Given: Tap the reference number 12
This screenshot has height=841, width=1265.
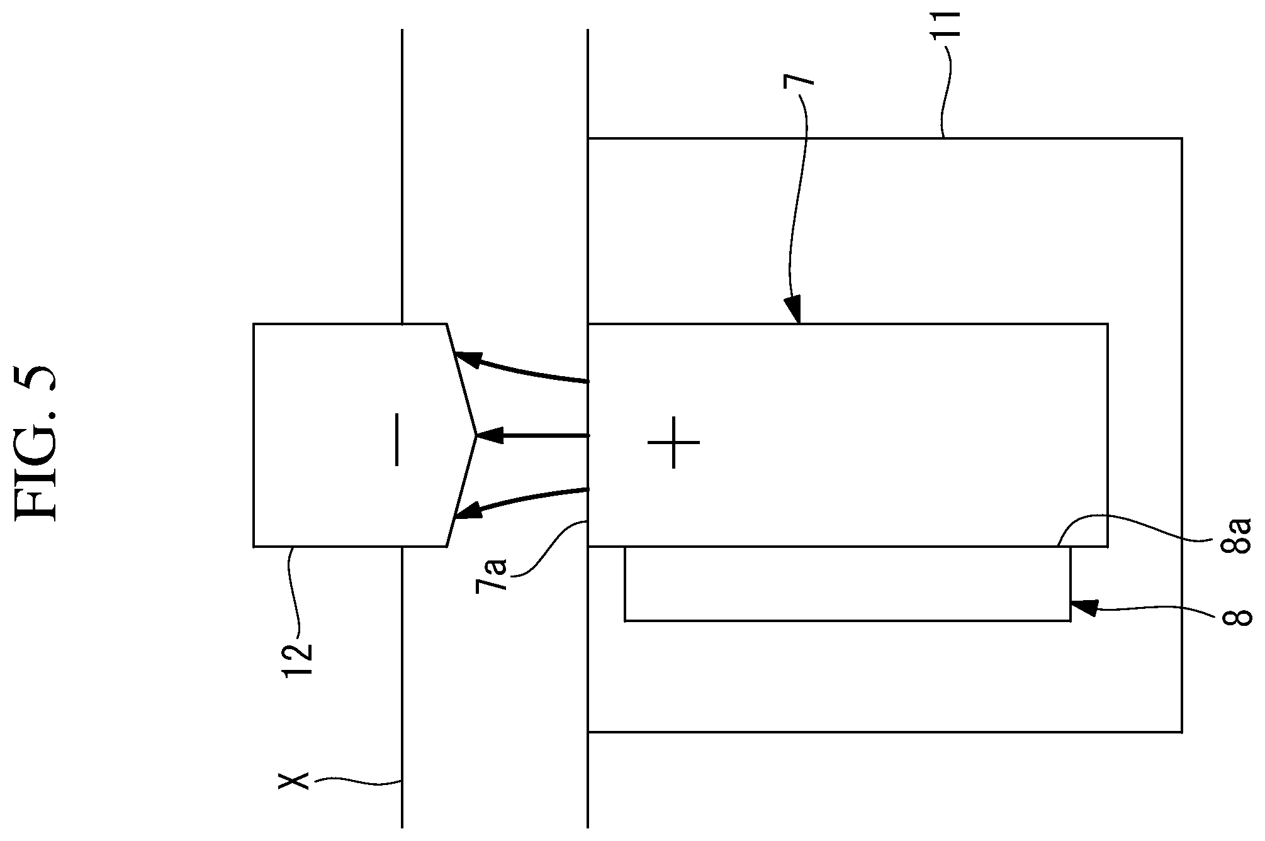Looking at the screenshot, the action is coord(297,660).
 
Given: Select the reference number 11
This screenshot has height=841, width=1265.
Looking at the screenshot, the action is coord(946,26).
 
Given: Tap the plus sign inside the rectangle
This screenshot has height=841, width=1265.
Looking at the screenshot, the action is coord(673,443).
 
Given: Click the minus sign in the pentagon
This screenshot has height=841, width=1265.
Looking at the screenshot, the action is coord(396,439).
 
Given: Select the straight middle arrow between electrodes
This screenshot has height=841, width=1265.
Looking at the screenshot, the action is coord(532,435).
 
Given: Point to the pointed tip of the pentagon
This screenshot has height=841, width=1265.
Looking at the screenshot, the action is coord(476,435).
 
